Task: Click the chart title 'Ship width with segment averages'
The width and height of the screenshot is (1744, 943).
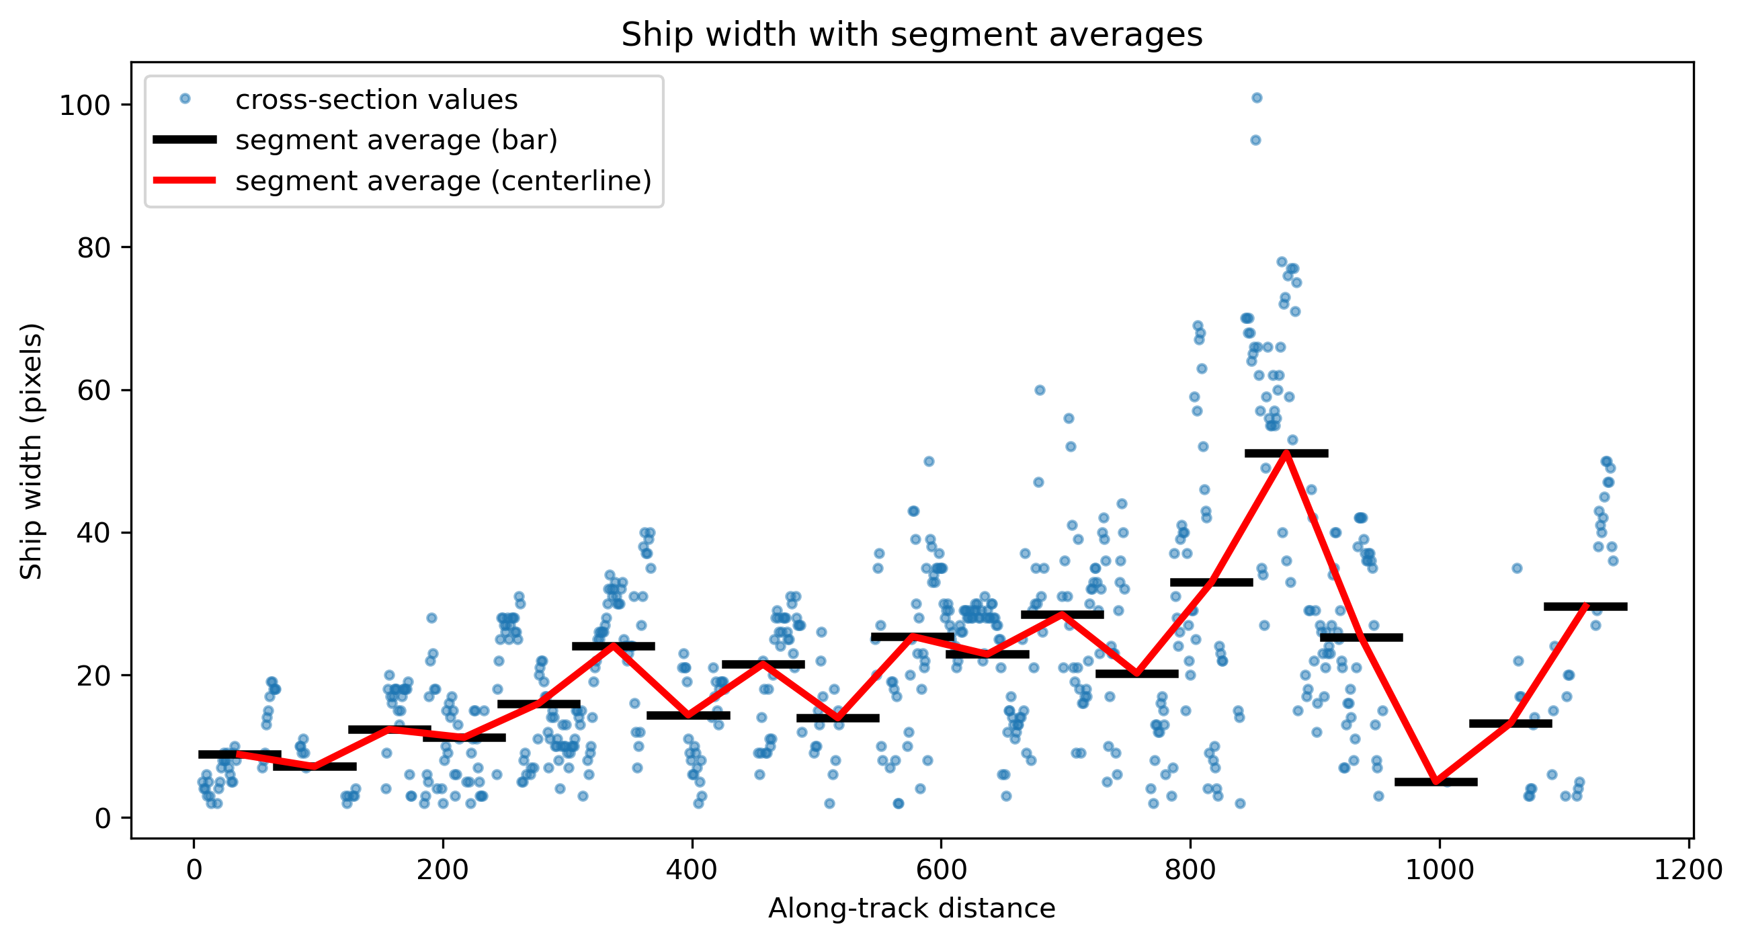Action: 912,34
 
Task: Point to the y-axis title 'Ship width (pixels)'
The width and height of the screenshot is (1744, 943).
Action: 31,451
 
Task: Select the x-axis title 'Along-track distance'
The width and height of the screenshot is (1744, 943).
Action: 912,908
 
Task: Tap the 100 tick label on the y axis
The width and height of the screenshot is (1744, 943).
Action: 85,106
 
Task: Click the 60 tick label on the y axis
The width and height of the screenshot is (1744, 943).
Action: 94,391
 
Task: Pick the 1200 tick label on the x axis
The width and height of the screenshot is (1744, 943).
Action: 1688,870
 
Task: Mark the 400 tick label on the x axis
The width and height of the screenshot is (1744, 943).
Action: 692,870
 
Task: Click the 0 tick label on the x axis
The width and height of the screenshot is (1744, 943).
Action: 194,870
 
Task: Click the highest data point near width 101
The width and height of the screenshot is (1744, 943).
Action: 1257,98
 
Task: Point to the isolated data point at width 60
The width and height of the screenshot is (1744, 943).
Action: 1040,390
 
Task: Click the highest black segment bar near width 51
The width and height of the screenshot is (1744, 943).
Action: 1286,453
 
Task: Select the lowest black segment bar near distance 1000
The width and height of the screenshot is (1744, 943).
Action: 1436,782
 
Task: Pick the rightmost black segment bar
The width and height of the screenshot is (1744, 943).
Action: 1585,606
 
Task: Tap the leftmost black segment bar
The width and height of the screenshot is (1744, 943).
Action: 240,754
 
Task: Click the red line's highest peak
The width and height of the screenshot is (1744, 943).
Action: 1286,453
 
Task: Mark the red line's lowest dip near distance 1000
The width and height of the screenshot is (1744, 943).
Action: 1436,782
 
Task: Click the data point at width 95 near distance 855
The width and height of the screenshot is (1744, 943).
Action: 1255,140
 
